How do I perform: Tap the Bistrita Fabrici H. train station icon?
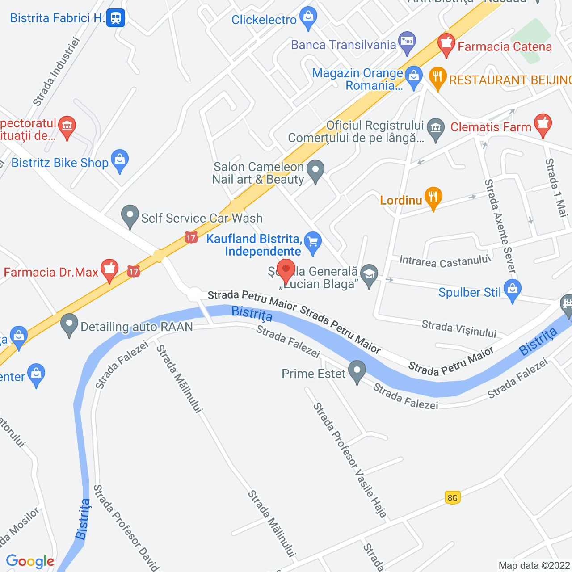pos(116,18)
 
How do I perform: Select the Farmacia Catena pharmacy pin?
pos(446,45)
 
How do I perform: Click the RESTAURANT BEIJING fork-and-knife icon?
pos(437,78)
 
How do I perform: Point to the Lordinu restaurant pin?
pos(433,198)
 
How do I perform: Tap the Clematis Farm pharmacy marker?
pos(543,125)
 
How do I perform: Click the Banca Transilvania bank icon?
pos(407,42)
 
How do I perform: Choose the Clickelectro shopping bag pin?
pos(308,17)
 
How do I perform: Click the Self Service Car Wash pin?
pos(130,216)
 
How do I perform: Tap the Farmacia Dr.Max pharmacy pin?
pos(109,270)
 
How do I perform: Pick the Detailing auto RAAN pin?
pos(69,325)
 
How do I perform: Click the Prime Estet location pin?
pos(357,371)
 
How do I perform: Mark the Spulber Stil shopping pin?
pos(512,290)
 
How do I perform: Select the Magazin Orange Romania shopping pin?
pos(414,77)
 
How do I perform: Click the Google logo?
pos(30,561)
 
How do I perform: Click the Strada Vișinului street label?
pos(459,329)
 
